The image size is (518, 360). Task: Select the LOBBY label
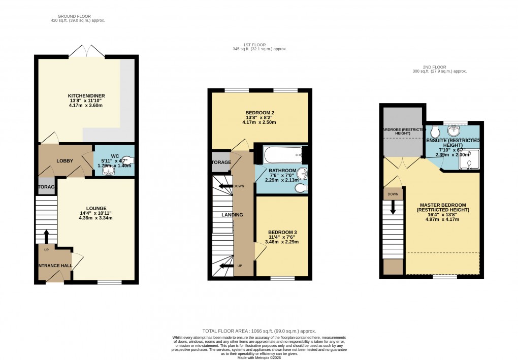65,161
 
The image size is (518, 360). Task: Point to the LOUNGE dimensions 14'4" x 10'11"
96,213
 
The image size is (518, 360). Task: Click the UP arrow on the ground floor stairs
47,237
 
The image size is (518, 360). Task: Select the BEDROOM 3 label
282,232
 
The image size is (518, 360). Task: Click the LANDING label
232,215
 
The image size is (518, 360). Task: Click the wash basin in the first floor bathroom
302,173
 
